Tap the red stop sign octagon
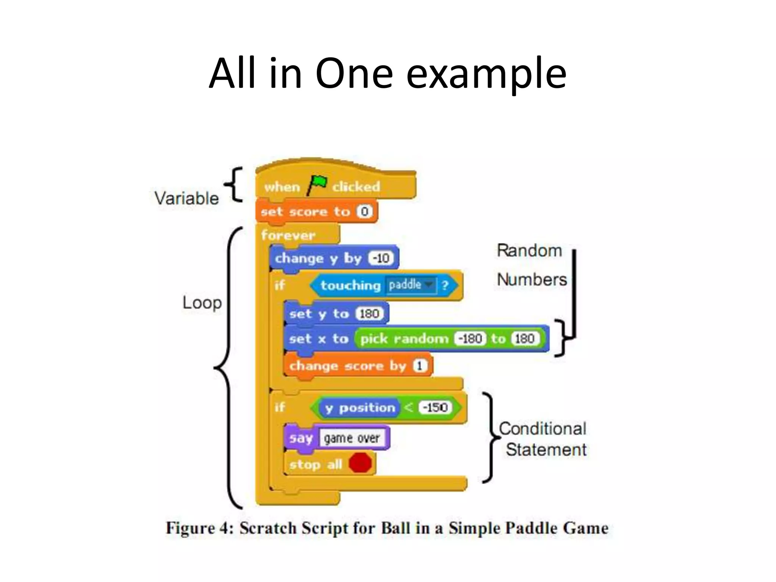360,463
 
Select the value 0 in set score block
365,211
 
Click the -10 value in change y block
381,258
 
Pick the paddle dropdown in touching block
410,285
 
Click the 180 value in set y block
369,314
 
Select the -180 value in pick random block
470,338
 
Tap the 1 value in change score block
420,366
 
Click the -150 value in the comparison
435,408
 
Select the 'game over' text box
352,438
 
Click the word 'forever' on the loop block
288,235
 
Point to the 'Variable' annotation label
186,198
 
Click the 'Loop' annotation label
202,303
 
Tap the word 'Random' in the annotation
529,250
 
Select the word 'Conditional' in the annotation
542,429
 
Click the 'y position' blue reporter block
359,408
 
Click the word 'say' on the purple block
301,438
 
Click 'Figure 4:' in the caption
199,528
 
